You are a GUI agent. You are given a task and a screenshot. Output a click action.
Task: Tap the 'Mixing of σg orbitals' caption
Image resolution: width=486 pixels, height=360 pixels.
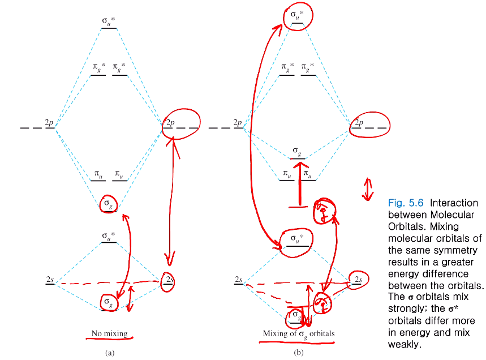coord(298,333)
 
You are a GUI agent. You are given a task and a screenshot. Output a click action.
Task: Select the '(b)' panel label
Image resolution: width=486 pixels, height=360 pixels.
coord(298,353)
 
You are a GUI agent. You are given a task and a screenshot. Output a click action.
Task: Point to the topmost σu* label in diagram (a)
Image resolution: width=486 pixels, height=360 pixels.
coord(109,21)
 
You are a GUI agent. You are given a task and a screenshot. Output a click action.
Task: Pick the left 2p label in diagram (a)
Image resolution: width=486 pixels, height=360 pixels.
coord(49,122)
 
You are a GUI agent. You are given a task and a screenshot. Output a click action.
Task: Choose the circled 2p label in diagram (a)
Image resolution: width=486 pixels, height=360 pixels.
coord(170,122)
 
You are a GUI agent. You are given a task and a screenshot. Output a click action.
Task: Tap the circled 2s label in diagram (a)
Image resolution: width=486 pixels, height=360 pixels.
coord(168,280)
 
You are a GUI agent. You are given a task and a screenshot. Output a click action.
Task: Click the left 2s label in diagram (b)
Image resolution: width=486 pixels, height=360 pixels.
coord(238,280)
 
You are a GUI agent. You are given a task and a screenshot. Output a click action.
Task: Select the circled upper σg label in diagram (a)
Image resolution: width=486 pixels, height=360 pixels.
coord(109,204)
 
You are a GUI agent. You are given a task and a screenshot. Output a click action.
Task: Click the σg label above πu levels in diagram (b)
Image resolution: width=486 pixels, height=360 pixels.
coord(298,151)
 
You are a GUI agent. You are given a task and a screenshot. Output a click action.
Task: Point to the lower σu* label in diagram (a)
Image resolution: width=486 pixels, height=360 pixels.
coord(109,235)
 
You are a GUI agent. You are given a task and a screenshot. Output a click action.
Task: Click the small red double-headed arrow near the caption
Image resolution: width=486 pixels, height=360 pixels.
coord(368,189)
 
